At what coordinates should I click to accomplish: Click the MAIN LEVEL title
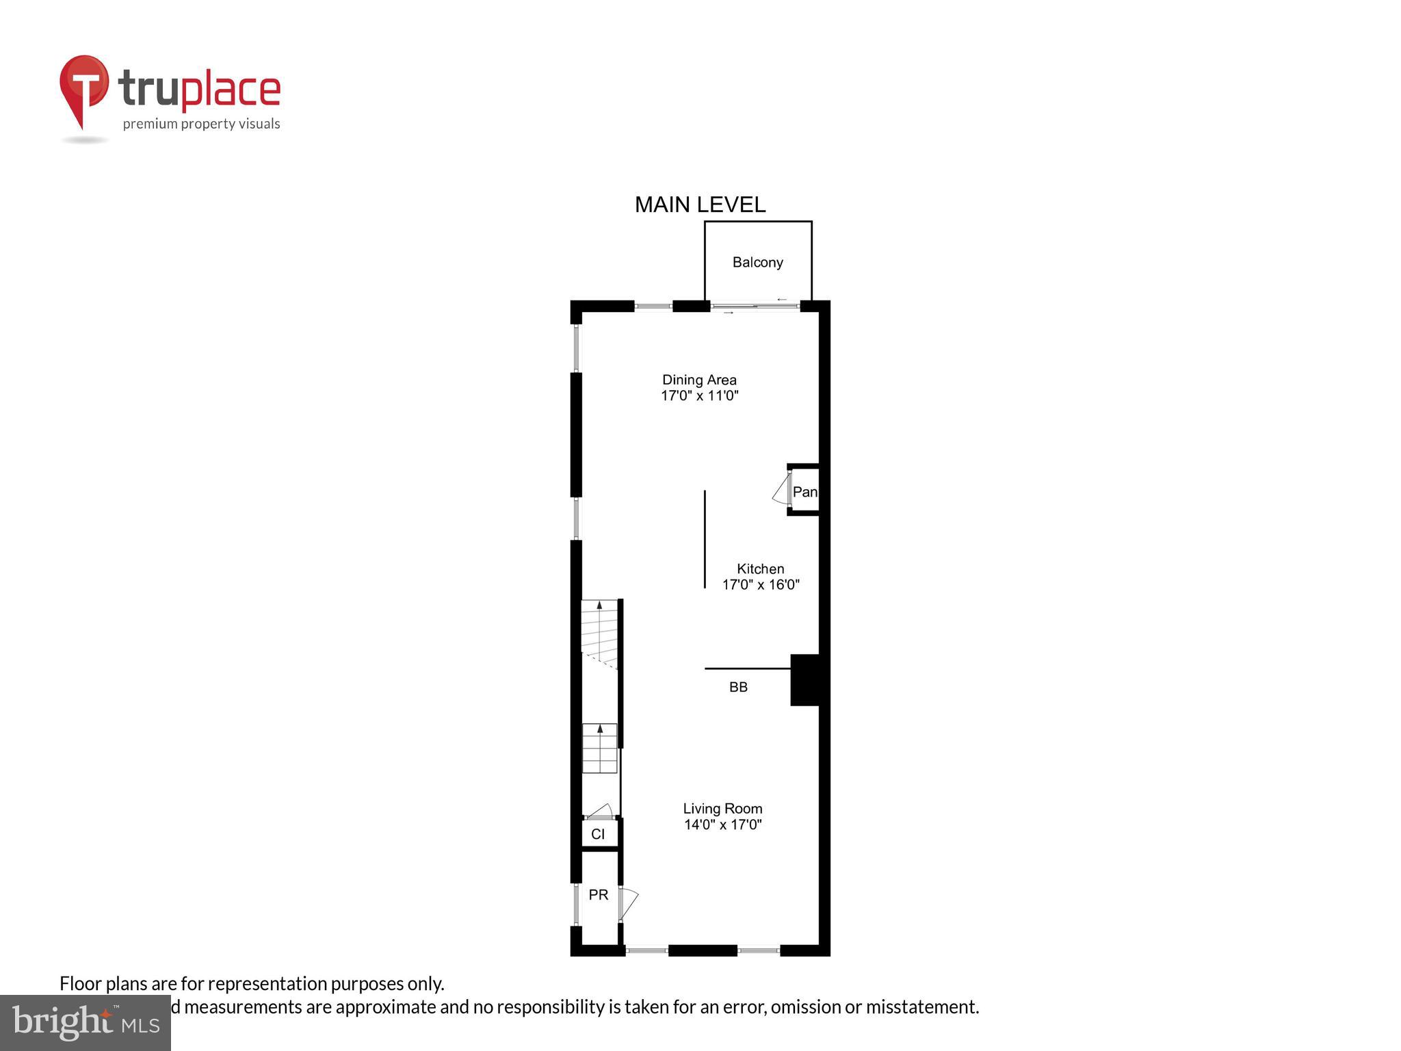[x=700, y=205]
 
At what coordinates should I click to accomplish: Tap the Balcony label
[x=757, y=262]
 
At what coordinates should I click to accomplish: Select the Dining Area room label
[x=699, y=380]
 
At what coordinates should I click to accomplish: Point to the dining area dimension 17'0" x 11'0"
[x=699, y=395]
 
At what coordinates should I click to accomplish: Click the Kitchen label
[x=760, y=569]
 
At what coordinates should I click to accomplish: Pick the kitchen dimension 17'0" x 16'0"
[x=760, y=584]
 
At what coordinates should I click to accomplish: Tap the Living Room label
[x=722, y=809]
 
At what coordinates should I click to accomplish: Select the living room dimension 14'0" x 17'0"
[x=722, y=825]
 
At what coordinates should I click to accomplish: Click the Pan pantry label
[x=804, y=492]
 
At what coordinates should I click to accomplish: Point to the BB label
[x=738, y=687]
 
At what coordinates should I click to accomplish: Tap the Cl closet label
[x=598, y=834]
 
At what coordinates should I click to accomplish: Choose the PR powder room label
[x=598, y=895]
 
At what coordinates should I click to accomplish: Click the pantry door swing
[x=781, y=491]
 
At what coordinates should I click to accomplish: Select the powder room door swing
[x=629, y=903]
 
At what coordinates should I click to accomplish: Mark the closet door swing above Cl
[x=600, y=811]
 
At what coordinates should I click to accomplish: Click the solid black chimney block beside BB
[x=805, y=679]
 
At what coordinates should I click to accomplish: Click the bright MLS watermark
[x=86, y=1022]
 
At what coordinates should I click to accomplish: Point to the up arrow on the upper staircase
[x=600, y=606]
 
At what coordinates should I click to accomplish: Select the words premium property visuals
[x=201, y=124]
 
